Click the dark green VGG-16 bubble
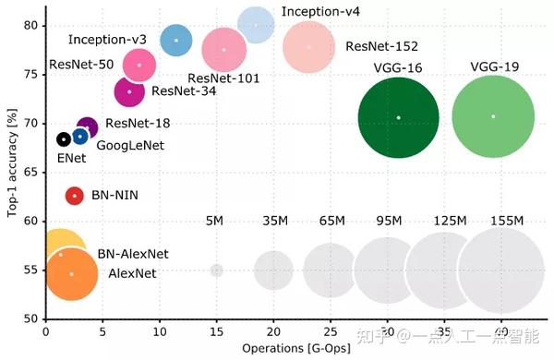[x=398, y=117]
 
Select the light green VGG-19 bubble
[x=493, y=116]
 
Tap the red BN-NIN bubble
[x=75, y=196]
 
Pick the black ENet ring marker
[x=63, y=139]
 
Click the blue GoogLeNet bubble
[x=80, y=137]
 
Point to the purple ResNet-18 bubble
[x=87, y=127]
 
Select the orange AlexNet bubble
[x=71, y=274]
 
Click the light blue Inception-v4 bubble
[x=256, y=25]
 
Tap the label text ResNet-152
[x=377, y=46]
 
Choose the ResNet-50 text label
[x=82, y=65]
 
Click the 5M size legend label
[x=214, y=221]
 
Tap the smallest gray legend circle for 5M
[x=217, y=270]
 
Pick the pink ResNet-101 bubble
[x=223, y=50]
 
